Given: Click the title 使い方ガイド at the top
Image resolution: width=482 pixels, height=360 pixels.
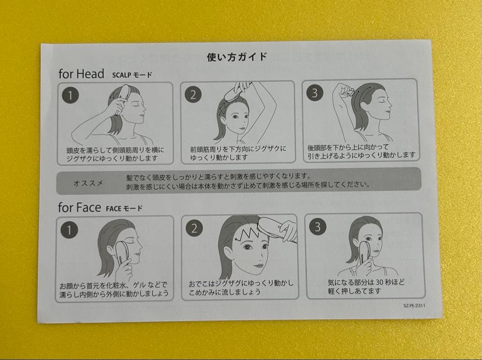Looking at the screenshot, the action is click(x=237, y=57).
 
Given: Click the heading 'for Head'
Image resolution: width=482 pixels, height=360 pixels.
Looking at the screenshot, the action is click(x=81, y=74).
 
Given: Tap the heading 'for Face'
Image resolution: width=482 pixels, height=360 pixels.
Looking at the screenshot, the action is click(x=79, y=207).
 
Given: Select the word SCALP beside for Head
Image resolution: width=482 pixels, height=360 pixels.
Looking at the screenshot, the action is click(x=121, y=75).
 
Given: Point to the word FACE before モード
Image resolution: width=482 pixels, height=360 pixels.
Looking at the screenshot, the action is click(x=113, y=209).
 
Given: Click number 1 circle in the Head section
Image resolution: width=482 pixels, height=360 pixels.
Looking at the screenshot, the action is click(x=71, y=95).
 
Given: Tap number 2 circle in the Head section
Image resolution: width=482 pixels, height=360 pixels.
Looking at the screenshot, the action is click(x=193, y=95).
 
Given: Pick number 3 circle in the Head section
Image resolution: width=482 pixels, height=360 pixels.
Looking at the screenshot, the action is click(x=315, y=93).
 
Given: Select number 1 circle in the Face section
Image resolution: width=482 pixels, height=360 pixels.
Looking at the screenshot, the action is click(x=69, y=230).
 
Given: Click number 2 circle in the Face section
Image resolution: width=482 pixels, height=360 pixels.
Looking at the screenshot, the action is click(x=194, y=228).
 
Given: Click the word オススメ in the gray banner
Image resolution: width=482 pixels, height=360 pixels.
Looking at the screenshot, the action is click(x=88, y=183).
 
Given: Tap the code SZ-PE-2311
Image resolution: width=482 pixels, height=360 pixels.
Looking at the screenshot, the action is click(x=414, y=306).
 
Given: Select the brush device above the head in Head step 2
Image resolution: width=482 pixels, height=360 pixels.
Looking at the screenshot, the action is click(x=235, y=94).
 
